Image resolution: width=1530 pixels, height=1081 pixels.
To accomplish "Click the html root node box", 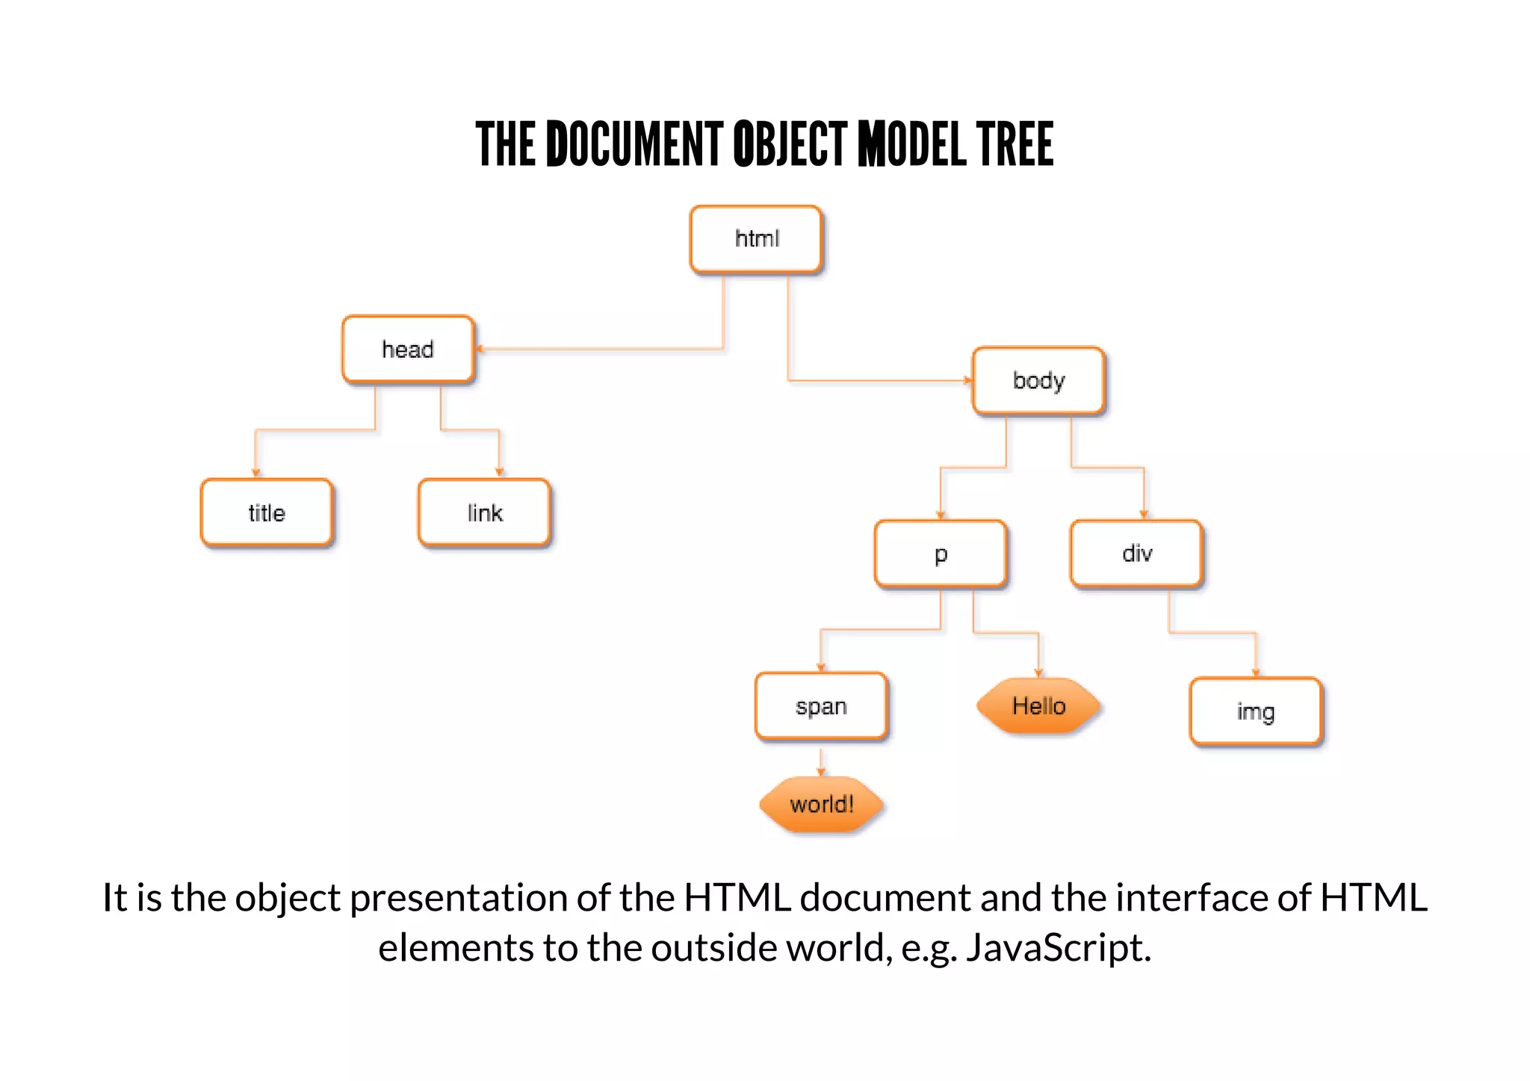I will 756,239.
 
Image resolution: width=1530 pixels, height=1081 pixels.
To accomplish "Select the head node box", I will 408,349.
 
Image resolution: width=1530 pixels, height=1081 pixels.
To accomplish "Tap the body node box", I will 1038,380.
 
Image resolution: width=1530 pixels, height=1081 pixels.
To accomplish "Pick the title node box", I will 267,513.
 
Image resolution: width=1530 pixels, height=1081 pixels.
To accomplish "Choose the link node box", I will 485,513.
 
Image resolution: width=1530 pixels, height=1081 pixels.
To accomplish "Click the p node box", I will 941,554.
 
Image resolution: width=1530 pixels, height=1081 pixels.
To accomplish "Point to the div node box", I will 1136,554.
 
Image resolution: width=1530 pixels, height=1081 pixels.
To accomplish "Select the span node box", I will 821,706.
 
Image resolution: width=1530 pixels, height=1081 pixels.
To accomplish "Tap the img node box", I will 1256,711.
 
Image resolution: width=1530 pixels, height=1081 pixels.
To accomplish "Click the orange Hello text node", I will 1038,706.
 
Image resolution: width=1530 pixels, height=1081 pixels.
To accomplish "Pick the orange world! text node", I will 821,805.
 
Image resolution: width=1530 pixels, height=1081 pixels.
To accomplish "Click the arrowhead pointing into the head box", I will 480,349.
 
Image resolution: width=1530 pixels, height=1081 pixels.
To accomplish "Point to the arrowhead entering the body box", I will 967,380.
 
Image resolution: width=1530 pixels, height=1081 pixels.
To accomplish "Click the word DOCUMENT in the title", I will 635,144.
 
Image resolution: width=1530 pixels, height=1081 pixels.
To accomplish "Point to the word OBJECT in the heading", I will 790,144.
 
